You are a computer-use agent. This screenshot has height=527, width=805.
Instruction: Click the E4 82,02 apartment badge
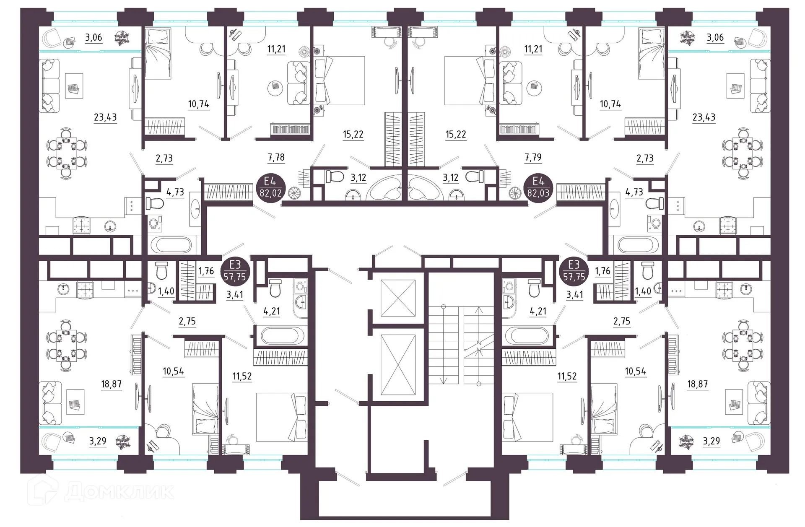click(x=270, y=188)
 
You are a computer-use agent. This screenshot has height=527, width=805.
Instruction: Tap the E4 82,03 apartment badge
click(x=538, y=188)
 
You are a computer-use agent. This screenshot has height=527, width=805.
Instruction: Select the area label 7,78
click(x=276, y=157)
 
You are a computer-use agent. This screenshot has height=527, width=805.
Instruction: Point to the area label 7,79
click(x=532, y=157)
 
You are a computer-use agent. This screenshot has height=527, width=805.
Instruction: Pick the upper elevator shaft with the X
click(x=398, y=298)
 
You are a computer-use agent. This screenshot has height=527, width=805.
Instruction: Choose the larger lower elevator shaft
click(x=398, y=365)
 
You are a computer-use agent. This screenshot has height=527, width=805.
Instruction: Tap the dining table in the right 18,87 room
click(x=743, y=345)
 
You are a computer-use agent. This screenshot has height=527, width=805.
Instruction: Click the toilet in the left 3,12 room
click(x=334, y=177)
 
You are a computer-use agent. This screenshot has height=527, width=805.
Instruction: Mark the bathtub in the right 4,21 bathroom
click(x=527, y=335)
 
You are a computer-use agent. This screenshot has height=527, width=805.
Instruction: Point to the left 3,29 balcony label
click(x=97, y=441)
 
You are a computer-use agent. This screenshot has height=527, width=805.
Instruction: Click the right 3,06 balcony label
click(x=715, y=37)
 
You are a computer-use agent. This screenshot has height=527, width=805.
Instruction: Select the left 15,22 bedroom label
click(x=353, y=135)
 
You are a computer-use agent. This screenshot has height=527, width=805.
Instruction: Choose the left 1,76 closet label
click(x=206, y=271)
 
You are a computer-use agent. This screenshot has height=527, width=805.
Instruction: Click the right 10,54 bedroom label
click(x=635, y=371)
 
